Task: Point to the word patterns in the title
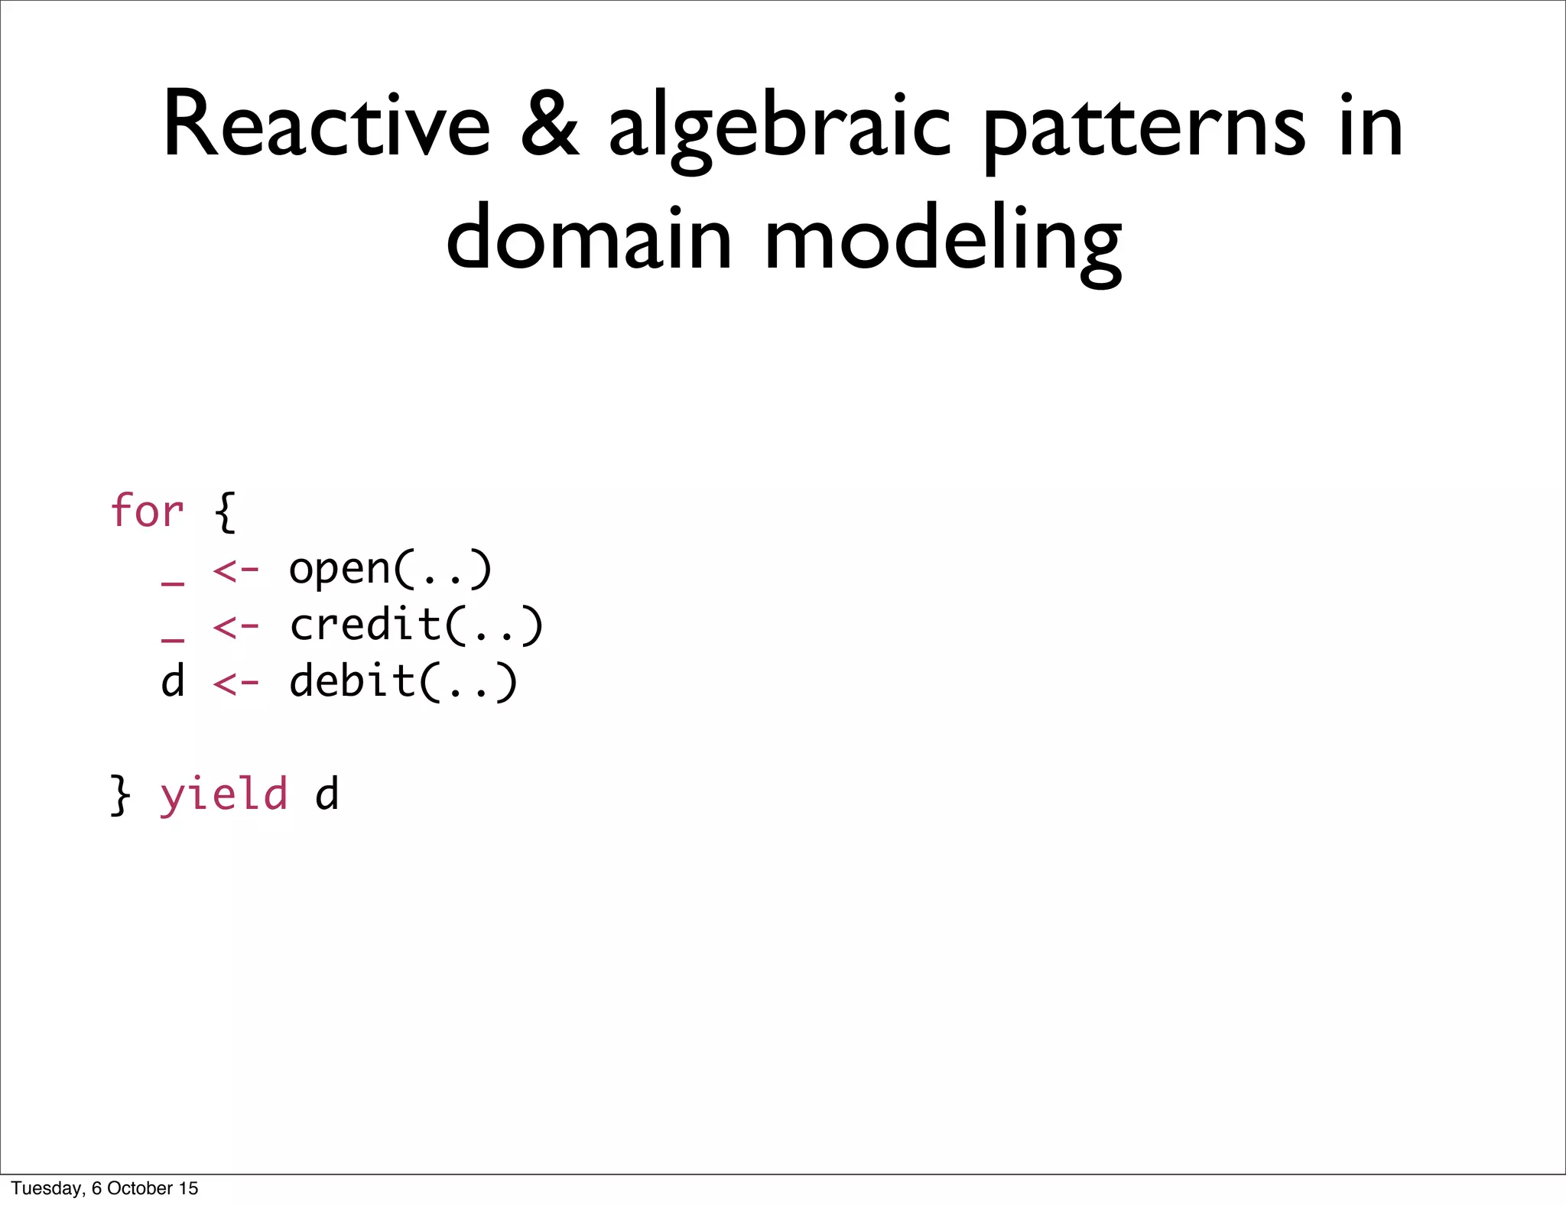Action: point(1144,130)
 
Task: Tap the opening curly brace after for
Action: point(225,512)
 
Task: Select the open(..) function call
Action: point(390,569)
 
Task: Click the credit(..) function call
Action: point(416,625)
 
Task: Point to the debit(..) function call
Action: point(403,681)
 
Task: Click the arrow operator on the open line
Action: point(236,570)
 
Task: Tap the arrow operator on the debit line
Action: point(236,683)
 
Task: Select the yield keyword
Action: point(223,794)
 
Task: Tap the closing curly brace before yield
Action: point(120,795)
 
